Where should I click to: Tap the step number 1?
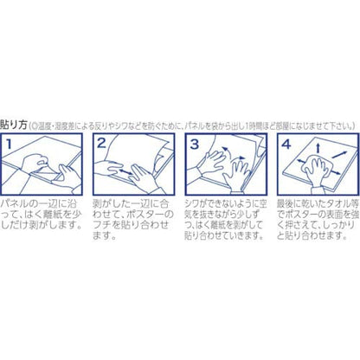pyautogui.click(x=11, y=144)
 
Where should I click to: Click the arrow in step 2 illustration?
pyautogui.click(x=130, y=171)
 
